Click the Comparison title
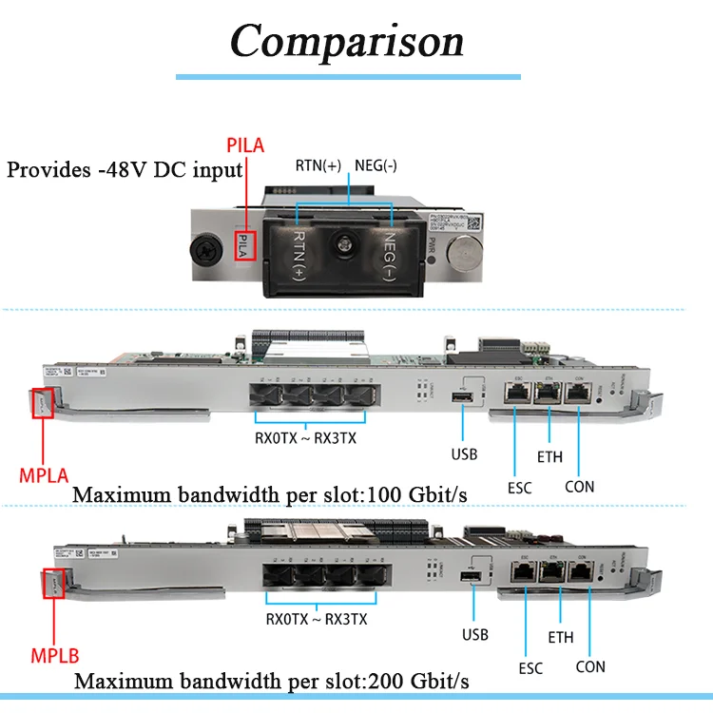point(348,41)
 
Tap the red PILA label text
point(245,145)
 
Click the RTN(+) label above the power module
point(319,164)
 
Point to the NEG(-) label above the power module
point(377,164)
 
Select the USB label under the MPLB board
point(475,634)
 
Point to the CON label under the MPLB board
point(590,666)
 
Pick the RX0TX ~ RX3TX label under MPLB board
point(317,619)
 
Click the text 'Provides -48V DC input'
point(125,171)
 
